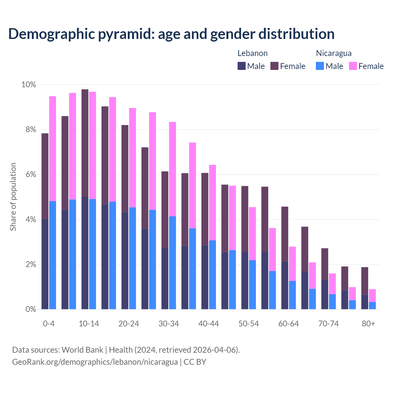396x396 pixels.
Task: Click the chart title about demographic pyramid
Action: coord(171,34)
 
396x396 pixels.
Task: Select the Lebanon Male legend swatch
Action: coord(242,66)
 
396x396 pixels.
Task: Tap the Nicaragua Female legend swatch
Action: coord(353,66)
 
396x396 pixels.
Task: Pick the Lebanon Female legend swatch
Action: coord(274,66)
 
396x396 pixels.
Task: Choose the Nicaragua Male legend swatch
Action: coord(320,66)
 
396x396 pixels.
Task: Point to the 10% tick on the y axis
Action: coord(28,85)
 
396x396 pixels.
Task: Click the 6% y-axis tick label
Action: coord(31,174)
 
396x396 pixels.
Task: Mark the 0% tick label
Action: coord(31,309)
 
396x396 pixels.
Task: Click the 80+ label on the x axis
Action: coord(368,324)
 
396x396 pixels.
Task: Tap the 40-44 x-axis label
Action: coord(209,324)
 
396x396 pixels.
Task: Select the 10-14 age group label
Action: coord(89,324)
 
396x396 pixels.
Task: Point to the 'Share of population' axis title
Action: coord(13,197)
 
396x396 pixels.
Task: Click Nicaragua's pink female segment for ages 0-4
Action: coord(53,148)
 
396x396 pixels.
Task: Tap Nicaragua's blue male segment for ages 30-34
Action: coord(172,263)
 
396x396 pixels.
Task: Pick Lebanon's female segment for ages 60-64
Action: coord(285,234)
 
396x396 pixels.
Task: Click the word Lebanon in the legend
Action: coord(252,53)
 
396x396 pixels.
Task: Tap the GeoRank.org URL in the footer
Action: coord(95,362)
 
